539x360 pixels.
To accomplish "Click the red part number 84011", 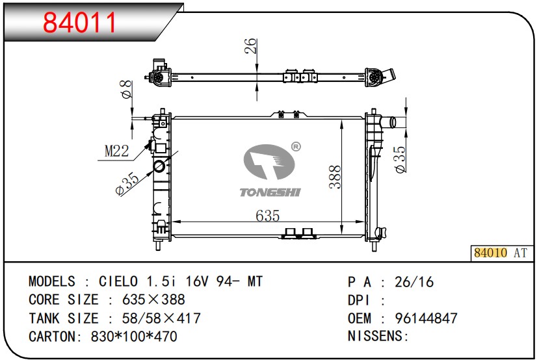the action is coord(79,23).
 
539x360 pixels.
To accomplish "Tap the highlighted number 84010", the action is coord(490,253).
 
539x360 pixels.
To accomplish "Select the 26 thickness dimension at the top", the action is coord(251,45).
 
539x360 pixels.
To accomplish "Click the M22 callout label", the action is coord(116,151).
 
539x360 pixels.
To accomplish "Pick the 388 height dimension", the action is coord(335,177).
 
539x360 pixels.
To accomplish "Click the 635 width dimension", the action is coord(267,216).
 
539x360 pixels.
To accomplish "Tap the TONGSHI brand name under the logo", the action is coord(270,192).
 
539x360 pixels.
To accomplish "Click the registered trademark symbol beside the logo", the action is coord(296,147).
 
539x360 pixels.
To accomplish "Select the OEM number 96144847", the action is coord(427,318).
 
